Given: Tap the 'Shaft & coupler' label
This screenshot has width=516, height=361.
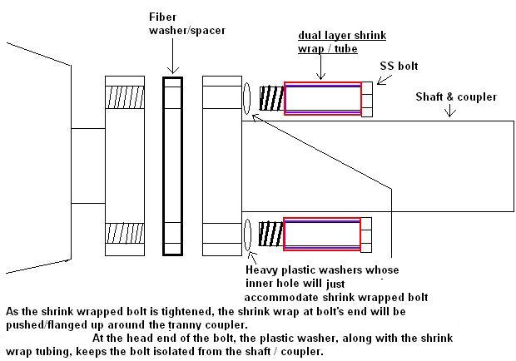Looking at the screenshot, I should click(x=456, y=96).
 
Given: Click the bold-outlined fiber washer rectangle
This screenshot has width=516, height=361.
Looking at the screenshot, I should click(x=172, y=166).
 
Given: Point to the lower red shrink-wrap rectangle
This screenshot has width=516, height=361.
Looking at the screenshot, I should click(x=323, y=233).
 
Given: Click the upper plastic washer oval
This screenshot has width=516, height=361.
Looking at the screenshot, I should click(x=248, y=99).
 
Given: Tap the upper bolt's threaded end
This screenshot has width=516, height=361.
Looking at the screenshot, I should click(x=270, y=99).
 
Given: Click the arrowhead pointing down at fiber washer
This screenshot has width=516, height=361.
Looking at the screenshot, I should click(x=172, y=72).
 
